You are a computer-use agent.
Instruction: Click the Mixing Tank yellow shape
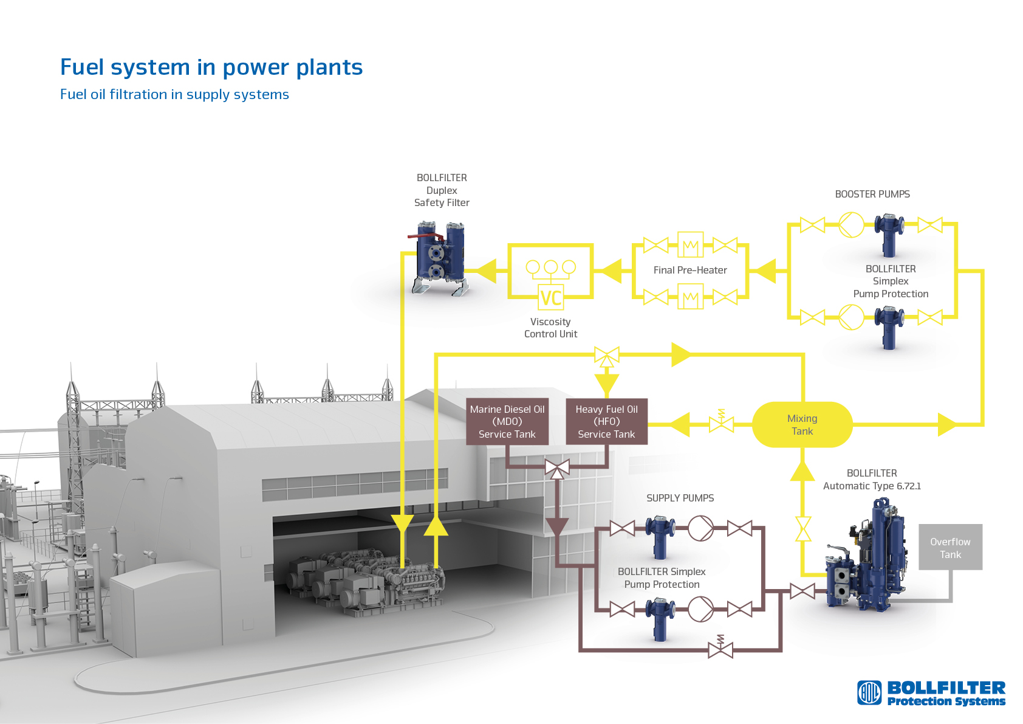coord(802,425)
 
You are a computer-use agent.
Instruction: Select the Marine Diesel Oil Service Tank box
coord(507,421)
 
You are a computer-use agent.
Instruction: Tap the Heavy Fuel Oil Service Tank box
coord(606,421)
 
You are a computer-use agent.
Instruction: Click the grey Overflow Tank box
coord(950,547)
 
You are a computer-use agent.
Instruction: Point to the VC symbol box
coord(551,297)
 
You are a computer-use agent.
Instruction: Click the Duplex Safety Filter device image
coord(440,258)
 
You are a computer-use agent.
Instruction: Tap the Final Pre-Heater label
coord(690,270)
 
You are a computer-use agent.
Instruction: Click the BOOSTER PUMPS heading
coord(872,194)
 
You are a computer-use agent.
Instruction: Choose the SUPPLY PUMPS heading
coord(680,498)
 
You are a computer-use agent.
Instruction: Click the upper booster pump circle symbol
coord(851,225)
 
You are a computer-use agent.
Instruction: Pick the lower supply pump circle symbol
coord(700,609)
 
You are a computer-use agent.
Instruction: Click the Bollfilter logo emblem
coord(869,692)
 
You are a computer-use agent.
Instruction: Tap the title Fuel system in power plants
coord(211,67)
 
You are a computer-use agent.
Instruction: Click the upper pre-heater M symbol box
coord(690,245)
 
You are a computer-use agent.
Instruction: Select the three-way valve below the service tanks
coord(557,468)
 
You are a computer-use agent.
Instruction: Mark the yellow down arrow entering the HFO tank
coord(606,384)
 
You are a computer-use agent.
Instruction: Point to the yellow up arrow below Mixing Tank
coord(802,471)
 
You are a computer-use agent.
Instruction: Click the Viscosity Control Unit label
coord(550,328)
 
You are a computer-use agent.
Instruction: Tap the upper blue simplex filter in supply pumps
coord(660,536)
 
